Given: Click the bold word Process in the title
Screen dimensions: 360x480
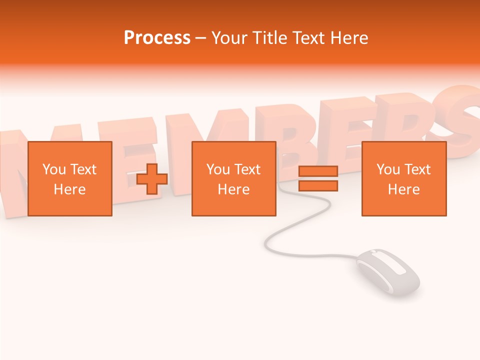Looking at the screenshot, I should coord(157,38).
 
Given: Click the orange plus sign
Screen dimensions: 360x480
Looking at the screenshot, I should coord(152,179).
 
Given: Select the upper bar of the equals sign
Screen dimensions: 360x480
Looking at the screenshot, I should coord(318,171).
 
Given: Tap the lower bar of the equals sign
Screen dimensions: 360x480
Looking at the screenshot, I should coord(318,186).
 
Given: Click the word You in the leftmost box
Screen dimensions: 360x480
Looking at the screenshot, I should coord(54,169).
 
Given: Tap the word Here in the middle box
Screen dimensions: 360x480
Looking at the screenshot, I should coord(234,189).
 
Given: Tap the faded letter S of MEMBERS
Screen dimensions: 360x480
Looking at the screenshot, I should coord(457,117).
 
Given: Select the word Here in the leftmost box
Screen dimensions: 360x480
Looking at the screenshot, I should coord(70,189).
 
